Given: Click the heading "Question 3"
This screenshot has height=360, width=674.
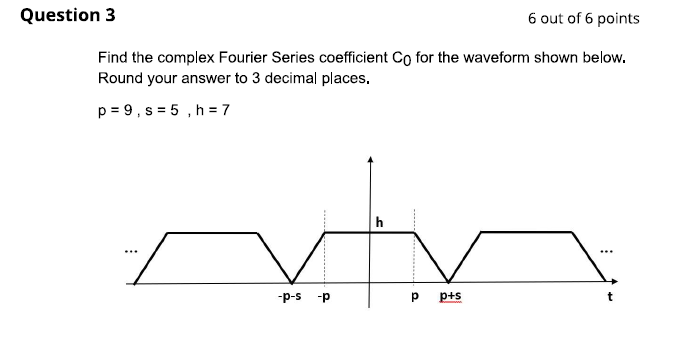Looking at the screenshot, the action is pyautogui.click(x=61, y=15).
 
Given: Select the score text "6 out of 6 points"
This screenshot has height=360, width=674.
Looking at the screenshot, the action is pyautogui.click(x=583, y=18).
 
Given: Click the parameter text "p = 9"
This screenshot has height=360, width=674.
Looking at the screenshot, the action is pyautogui.click(x=116, y=109).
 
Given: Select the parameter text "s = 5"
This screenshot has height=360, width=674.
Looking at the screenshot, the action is pyautogui.click(x=163, y=109).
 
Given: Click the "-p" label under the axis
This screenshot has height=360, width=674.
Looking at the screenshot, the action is pyautogui.click(x=324, y=297).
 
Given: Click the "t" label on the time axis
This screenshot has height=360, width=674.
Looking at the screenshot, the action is pyautogui.click(x=610, y=297).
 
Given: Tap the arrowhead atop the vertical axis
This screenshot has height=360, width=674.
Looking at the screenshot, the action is pyautogui.click(x=370, y=160).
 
